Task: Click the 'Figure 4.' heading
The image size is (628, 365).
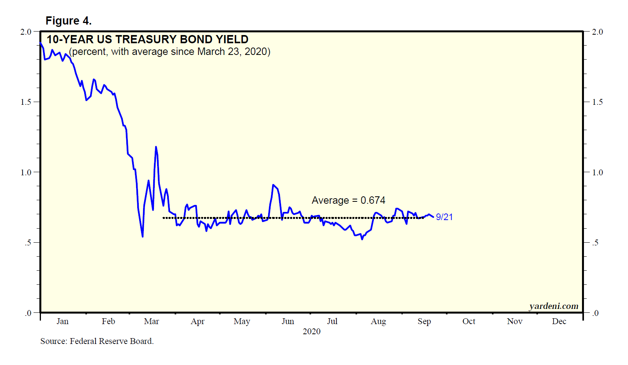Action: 69,21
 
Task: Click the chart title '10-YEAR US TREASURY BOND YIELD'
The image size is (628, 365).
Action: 147,39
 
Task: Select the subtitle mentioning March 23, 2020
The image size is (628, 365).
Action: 170,51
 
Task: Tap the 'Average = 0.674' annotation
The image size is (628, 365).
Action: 348,200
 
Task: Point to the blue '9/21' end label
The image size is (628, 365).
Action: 444,217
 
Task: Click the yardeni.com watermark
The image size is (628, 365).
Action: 554,306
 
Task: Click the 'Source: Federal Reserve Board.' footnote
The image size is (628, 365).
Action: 97,341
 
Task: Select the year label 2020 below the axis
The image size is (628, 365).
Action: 311,331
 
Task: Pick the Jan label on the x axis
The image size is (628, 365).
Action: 62,321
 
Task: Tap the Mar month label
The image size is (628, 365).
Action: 151,321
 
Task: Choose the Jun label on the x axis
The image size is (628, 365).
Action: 288,321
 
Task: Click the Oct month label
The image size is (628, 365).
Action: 469,321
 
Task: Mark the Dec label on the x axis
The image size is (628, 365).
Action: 559,321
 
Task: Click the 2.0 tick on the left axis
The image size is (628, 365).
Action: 26,32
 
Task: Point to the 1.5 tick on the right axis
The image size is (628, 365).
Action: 597,102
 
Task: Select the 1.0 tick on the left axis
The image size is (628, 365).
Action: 26,172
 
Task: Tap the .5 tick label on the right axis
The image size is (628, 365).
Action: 595,243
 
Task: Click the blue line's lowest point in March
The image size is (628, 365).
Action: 143,236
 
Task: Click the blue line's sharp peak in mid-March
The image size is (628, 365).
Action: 156,147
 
